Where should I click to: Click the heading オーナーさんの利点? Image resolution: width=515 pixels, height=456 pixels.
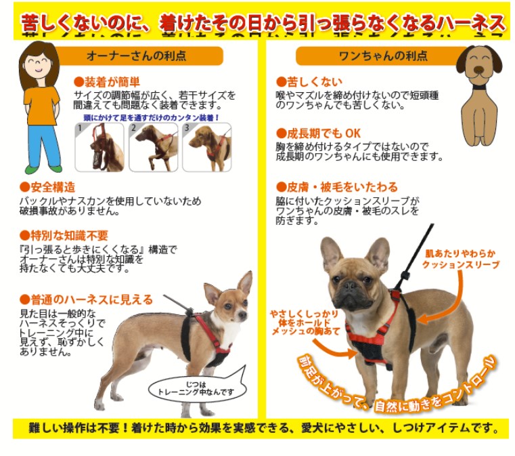tap(136, 56)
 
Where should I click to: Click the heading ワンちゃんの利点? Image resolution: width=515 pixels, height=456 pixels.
tap(383, 56)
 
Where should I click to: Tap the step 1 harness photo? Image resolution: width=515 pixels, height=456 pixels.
tap(99, 147)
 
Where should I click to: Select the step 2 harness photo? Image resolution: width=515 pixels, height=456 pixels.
tap(154, 147)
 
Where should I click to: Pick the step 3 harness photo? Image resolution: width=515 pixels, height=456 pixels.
tap(207, 147)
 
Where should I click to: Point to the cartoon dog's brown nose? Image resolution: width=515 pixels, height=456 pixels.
tap(480, 70)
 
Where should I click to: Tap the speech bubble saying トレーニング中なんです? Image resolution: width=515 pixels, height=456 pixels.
tap(196, 389)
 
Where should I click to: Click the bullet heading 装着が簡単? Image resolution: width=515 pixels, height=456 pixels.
tap(107, 81)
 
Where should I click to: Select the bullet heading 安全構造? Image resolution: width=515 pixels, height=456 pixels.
tap(47, 187)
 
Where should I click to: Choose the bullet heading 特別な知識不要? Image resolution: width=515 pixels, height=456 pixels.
tap(64, 235)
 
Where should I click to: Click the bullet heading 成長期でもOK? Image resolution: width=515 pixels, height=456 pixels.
tap(318, 133)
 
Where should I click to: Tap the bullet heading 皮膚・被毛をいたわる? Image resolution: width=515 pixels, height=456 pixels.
tap(337, 187)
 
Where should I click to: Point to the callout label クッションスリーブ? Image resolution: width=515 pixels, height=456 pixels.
tap(461, 265)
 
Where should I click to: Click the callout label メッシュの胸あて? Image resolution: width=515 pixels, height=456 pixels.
tap(305, 331)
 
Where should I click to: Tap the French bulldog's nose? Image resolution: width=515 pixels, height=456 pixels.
tap(349, 285)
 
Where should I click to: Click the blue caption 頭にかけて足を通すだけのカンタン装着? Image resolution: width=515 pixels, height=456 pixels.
tap(152, 117)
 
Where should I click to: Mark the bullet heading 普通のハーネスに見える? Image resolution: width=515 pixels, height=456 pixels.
tap(87, 299)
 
